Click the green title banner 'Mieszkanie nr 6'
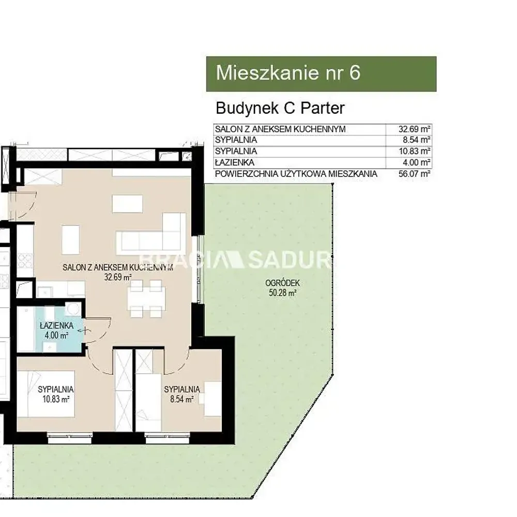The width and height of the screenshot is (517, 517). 321,73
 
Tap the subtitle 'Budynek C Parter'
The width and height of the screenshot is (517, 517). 280,108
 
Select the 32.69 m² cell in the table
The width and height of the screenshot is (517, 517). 414,129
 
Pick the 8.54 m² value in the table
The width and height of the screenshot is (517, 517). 416,140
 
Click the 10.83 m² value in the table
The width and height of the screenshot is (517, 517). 414,151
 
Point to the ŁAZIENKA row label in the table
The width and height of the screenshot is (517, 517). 234,162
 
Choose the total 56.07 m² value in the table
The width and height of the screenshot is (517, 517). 414,174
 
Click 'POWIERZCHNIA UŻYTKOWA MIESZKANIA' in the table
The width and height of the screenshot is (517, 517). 296,174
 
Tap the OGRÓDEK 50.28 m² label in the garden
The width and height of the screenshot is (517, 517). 283,287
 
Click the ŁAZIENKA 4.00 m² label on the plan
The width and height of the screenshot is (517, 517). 56,330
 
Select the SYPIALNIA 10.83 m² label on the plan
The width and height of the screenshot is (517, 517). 56,394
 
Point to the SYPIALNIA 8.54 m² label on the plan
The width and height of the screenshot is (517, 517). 182,394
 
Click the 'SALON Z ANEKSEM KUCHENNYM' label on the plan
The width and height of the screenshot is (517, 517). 118,267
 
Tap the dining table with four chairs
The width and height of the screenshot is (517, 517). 146,298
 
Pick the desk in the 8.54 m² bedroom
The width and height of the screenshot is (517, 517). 212,399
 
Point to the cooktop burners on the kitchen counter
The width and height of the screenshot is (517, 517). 25,260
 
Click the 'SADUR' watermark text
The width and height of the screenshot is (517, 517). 289,260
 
